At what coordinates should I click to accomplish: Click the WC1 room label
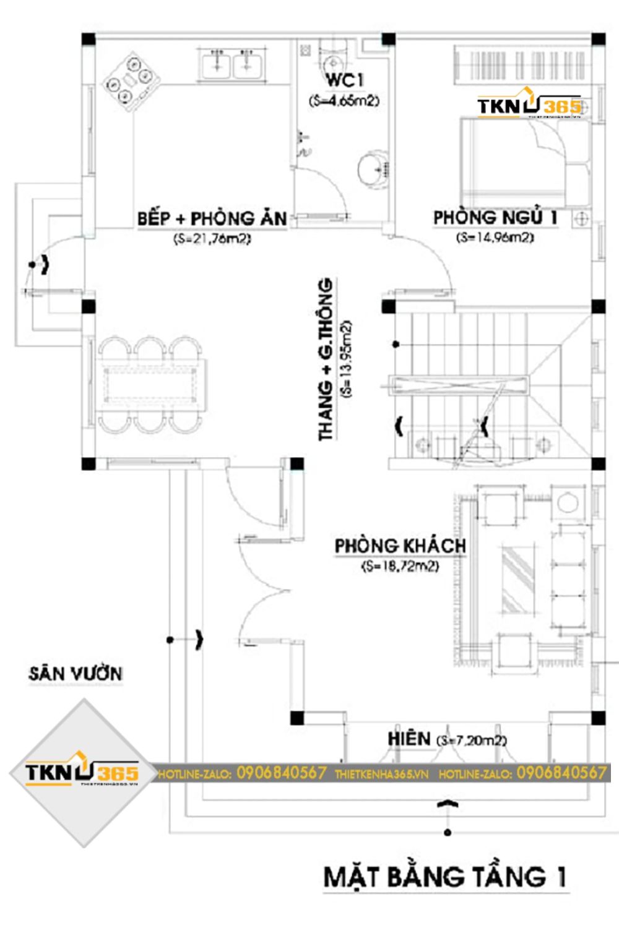click(344, 80)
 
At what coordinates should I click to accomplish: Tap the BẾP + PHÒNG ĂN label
click(212, 219)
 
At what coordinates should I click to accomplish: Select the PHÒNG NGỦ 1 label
click(495, 218)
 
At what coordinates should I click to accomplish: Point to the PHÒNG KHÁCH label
click(400, 546)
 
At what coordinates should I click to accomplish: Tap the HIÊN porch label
click(409, 739)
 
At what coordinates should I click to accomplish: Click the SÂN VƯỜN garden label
click(76, 674)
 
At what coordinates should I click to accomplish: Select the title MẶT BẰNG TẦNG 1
click(444, 877)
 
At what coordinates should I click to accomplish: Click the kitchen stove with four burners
click(132, 82)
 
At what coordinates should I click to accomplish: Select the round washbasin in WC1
click(373, 168)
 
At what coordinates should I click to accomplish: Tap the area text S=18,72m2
click(400, 566)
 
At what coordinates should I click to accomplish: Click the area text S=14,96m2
click(495, 237)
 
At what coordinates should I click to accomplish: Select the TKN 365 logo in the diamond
click(82, 773)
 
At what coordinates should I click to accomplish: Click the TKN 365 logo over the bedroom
click(529, 106)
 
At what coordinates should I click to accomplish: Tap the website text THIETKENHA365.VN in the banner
click(381, 774)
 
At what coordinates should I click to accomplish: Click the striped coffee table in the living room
click(519, 580)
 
